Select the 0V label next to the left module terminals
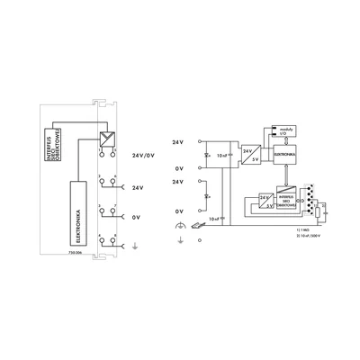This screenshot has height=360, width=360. tap(137, 216)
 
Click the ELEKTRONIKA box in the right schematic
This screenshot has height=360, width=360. tap(283, 155)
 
